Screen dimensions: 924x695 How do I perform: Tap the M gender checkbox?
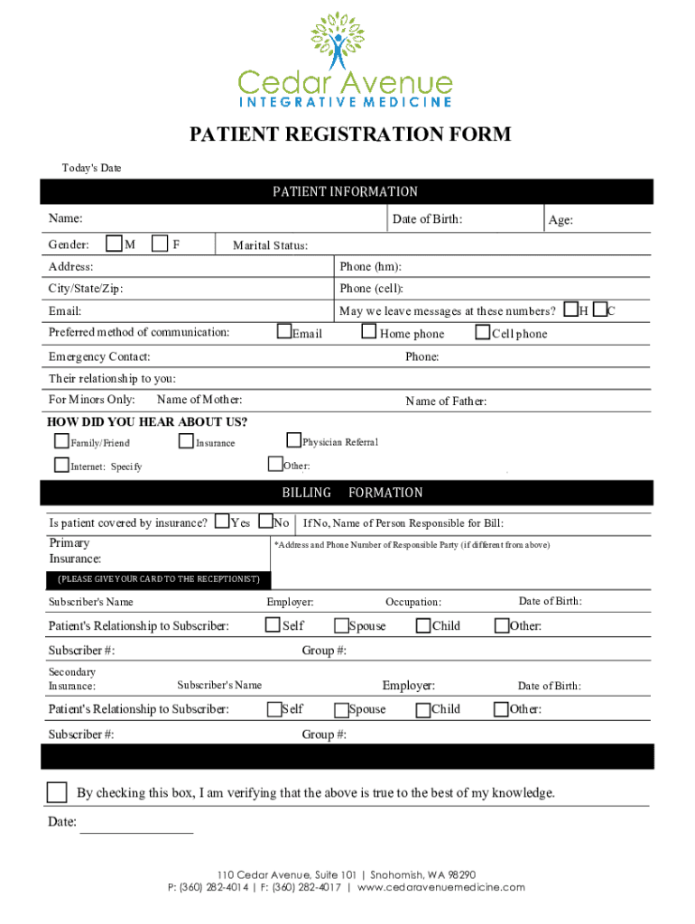point(115,243)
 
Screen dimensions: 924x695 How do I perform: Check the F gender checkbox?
point(160,243)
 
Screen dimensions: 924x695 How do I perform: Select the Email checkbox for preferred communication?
point(284,332)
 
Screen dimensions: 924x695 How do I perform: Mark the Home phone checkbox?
point(368,332)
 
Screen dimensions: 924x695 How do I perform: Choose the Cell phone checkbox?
point(483,332)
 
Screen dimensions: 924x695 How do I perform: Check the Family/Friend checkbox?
point(61,441)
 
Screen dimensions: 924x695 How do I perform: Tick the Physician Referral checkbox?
point(293,440)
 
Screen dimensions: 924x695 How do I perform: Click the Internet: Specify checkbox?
point(61,466)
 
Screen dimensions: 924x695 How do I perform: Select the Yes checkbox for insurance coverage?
point(222,522)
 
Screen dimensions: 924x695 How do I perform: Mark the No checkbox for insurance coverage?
point(266,522)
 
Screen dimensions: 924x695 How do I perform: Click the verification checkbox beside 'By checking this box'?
point(57,792)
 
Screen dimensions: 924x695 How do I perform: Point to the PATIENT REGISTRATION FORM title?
point(349,135)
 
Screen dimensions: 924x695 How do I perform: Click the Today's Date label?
point(91,169)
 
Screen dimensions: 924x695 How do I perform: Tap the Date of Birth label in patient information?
point(427,219)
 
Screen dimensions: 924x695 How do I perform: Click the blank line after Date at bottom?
point(136,823)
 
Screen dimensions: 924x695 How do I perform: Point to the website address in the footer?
point(441,887)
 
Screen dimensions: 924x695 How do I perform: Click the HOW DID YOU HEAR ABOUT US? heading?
point(147,422)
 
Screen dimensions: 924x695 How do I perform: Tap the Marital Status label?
point(270,245)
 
